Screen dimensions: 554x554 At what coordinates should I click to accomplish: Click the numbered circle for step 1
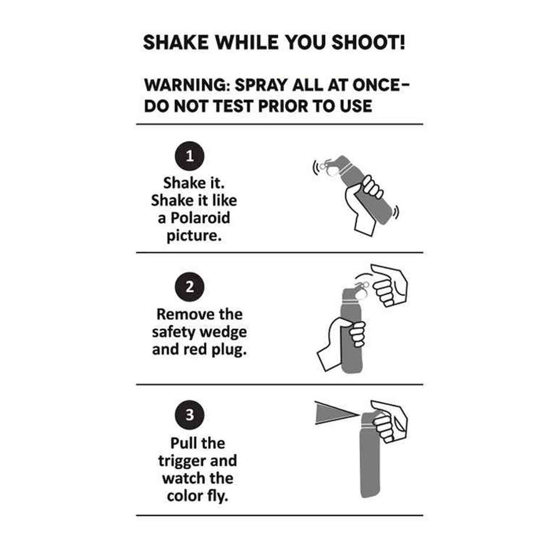[189, 156]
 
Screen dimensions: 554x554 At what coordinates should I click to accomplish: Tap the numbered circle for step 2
[189, 286]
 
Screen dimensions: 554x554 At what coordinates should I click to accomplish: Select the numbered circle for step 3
[189, 415]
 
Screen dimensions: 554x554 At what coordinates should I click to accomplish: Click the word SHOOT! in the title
[368, 43]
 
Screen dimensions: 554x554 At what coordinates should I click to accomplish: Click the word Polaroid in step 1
[200, 217]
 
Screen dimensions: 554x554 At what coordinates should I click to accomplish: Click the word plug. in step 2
[229, 349]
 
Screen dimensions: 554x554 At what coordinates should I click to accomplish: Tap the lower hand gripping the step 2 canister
[341, 342]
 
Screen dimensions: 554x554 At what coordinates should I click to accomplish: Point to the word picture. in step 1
[194, 235]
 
